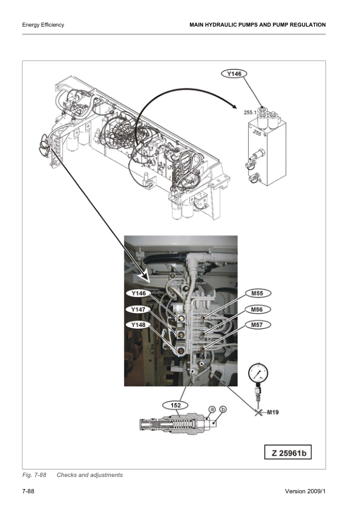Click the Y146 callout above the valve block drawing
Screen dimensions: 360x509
pos(234,74)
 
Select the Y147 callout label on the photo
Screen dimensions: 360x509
pos(138,310)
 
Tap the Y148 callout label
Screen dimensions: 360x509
pos(138,325)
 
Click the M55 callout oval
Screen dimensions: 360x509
pos(257,293)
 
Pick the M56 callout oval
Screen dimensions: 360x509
pos(257,310)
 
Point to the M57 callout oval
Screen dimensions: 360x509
pos(257,325)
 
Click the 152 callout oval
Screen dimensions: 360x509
pos(175,406)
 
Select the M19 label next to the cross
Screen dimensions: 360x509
pos(273,412)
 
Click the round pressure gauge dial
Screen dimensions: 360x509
pos(258,373)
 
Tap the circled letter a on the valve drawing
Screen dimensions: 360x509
pos(212,409)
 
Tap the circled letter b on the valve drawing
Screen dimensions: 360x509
pos(223,409)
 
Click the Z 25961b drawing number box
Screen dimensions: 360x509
pos(287,453)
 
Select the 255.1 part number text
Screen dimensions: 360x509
pos(250,112)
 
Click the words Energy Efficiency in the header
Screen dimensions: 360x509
pos(43,25)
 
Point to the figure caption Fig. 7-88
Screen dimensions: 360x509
pos(34,475)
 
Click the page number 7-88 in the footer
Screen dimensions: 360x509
pos(28,491)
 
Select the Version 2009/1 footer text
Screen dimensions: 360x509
pos(305,491)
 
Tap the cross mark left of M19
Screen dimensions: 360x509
pos(258,413)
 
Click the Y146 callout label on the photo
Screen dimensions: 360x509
pos(138,293)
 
